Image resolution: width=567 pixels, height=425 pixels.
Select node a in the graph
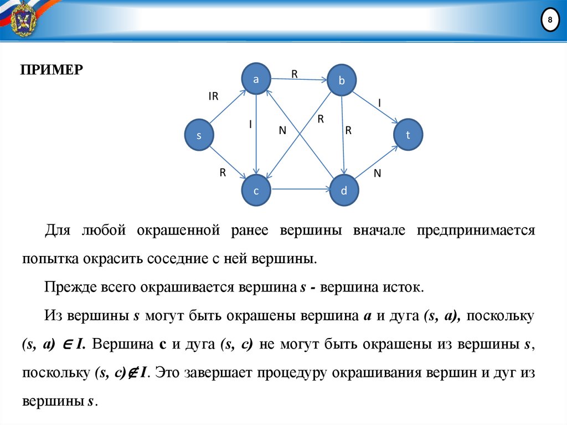[256, 79]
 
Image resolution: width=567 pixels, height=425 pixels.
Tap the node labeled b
[342, 81]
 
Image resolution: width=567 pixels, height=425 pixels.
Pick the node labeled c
[256, 190]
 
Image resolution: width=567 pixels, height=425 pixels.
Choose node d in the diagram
[344, 191]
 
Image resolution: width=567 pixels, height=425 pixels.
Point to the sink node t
[408, 134]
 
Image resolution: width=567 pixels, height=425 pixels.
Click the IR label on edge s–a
[214, 96]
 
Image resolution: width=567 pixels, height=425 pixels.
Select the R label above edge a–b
[295, 73]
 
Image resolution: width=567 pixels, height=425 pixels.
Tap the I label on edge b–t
[379, 103]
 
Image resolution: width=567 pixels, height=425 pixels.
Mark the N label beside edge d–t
[378, 173]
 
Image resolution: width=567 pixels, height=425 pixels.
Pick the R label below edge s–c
[223, 172]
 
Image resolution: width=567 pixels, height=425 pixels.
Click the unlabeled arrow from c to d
[300, 190]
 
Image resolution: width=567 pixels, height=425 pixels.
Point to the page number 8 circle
[549, 21]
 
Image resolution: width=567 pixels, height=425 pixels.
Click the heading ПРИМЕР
[51, 70]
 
